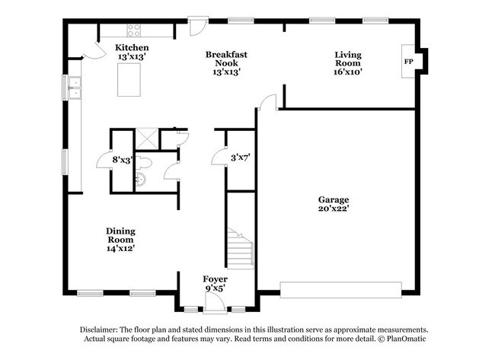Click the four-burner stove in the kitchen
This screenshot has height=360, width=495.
[134, 30]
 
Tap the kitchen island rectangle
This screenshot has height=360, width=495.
[130, 80]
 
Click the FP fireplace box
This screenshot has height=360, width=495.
[408, 62]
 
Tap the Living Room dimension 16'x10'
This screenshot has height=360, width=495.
[347, 72]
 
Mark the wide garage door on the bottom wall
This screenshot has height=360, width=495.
[340, 289]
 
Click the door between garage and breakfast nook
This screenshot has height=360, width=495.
[267, 104]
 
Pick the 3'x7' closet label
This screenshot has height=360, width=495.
[241, 158]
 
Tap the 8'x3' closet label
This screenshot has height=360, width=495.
[122, 160]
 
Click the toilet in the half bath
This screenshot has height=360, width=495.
[148, 162]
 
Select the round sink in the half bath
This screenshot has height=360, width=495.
[142, 180]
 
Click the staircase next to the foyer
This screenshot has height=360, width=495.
[241, 247]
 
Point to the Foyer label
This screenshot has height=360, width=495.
[215, 279]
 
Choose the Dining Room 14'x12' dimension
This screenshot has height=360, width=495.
[120, 247]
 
